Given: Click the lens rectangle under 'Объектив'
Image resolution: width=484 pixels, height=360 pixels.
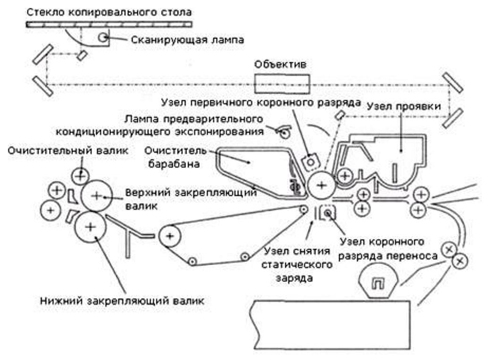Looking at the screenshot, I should coord(282,84).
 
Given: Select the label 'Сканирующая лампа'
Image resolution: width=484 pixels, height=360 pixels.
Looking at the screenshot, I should coord(187,40).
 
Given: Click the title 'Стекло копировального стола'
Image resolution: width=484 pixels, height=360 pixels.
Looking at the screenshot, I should coord(109,11).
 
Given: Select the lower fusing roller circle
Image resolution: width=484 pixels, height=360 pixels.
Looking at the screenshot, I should coord(90,227).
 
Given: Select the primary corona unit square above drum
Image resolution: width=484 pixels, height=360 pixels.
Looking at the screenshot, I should coord(310,161).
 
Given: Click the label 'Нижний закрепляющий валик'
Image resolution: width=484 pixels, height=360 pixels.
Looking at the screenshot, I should coord(122,301).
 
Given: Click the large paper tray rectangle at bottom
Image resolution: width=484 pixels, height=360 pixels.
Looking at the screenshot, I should coord(329,325).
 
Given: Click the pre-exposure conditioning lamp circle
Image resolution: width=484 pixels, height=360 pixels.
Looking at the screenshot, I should coord(284,134).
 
